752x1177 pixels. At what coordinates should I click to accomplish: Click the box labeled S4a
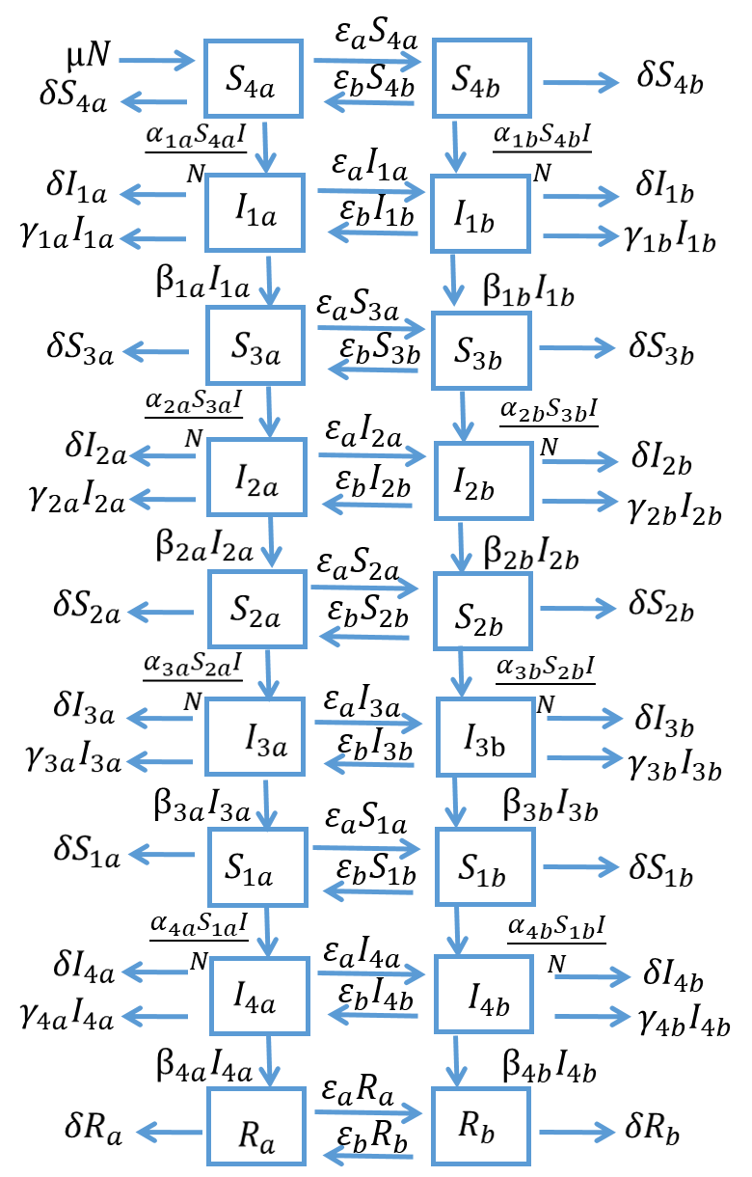tap(254, 79)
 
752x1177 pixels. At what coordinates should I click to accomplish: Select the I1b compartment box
tap(480, 213)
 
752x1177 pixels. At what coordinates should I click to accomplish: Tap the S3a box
tap(255, 345)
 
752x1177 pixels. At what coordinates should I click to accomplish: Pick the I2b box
tap(482, 481)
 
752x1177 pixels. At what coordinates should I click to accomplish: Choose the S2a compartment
tap(257, 609)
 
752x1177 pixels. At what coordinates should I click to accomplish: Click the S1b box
tap(484, 866)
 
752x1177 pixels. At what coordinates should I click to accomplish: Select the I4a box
tap(259, 996)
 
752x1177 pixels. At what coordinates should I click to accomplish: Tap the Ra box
tap(256, 1127)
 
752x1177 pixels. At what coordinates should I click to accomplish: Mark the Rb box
tap(480, 1126)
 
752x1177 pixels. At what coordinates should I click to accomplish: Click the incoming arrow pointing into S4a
tap(156, 62)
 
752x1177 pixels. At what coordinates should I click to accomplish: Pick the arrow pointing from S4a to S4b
tap(367, 62)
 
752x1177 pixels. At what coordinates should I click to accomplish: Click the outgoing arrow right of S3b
tap(577, 347)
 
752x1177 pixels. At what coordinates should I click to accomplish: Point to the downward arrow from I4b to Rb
tap(456, 1061)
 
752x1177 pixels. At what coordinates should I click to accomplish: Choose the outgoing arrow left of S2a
tap(160, 612)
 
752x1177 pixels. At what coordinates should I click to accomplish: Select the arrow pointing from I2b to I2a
tap(367, 504)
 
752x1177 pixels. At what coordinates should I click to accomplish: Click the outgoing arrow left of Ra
tap(169, 1132)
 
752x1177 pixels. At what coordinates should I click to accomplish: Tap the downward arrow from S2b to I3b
tap(461, 672)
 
